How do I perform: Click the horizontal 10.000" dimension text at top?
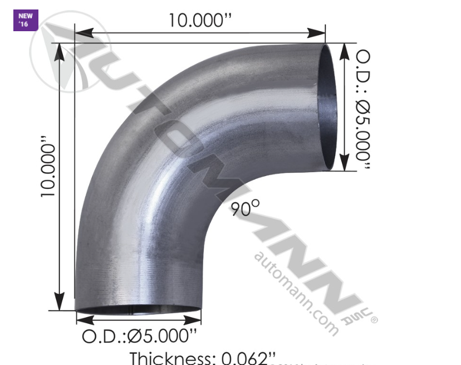200,20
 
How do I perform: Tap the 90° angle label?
245,208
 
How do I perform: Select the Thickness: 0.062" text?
203,358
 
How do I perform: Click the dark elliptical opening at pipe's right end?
327,106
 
